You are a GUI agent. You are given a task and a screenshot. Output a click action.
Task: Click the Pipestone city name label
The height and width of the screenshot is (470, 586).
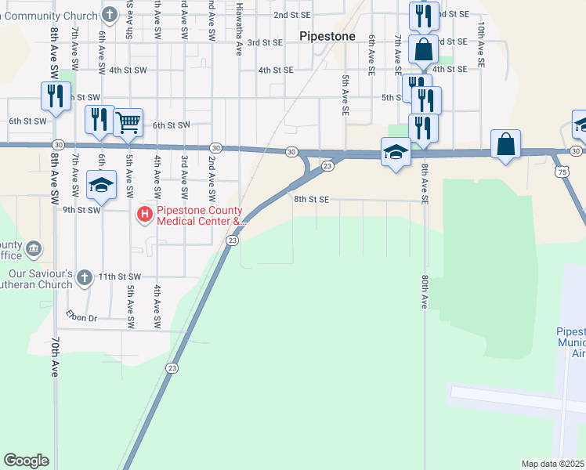tap(328, 36)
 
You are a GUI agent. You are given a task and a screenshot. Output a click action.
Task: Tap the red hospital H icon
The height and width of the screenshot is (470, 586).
tap(145, 213)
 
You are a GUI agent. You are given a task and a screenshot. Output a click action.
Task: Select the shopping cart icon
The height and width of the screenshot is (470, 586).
tap(128, 122)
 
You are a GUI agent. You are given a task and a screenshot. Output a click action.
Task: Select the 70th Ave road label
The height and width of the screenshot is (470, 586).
tap(55, 358)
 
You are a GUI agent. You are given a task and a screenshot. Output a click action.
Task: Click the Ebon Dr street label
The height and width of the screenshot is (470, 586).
tap(81, 317)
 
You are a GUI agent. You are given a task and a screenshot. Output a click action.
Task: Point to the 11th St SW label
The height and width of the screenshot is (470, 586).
tap(119, 277)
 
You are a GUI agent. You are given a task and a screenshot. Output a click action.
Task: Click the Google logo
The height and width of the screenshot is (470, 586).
tap(26, 461)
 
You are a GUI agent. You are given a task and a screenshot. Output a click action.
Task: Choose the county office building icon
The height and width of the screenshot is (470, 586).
tap(34, 249)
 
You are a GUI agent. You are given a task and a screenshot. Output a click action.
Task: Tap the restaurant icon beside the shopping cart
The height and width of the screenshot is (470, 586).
tap(99, 120)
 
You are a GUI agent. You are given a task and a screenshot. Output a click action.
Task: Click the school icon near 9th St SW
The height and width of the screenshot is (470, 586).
tap(101, 185)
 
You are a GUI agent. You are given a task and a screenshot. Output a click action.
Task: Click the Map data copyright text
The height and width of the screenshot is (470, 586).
tap(553, 464)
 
